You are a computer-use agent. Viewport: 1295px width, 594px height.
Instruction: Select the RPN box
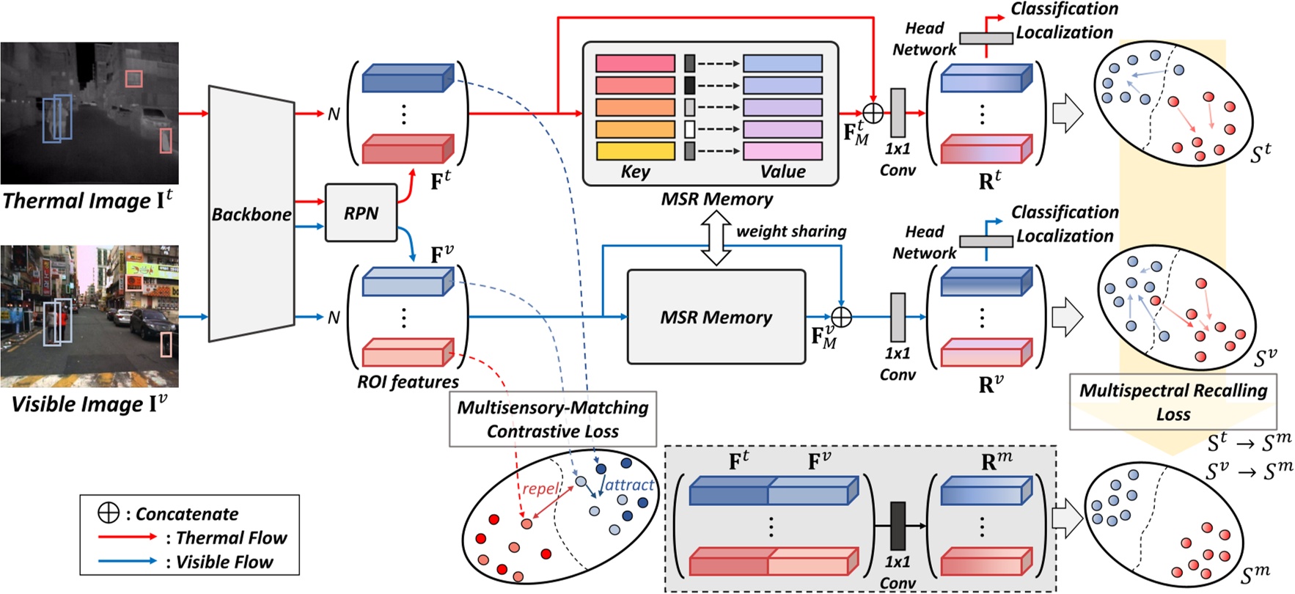[361, 213]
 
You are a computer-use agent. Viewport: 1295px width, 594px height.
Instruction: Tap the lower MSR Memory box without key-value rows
[716, 317]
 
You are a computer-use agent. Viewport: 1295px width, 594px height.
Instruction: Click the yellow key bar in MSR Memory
[635, 151]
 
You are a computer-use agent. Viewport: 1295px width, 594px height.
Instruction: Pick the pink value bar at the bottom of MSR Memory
[782, 151]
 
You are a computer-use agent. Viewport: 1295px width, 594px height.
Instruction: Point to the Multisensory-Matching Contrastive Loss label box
[553, 419]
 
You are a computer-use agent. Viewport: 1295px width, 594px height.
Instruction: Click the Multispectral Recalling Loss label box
[1173, 402]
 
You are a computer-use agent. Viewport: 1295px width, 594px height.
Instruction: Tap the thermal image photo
[89, 112]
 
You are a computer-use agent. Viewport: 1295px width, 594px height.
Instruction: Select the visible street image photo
[89, 316]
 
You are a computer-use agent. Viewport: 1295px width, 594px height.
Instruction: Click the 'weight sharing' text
[791, 231]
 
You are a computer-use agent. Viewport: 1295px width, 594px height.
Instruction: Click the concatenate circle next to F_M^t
[873, 113]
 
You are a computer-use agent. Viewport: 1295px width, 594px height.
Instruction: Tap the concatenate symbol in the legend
[109, 513]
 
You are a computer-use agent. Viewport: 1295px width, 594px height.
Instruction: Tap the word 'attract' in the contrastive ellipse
[629, 485]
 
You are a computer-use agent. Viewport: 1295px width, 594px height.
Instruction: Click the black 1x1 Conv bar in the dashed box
[898, 526]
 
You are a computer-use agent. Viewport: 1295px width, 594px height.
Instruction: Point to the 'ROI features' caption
[408, 381]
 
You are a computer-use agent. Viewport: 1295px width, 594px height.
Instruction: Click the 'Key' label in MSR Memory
[635, 172]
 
